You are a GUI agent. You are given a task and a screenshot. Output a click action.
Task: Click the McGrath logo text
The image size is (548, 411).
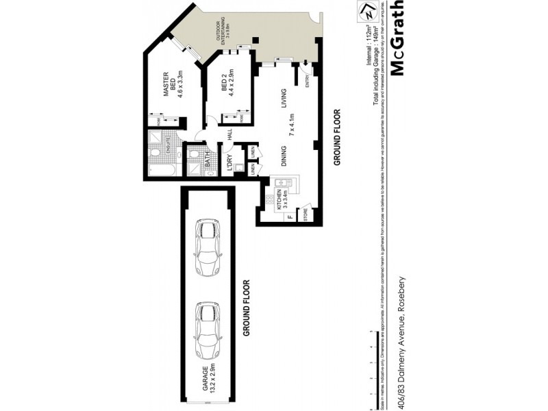pyautogui.click(x=398, y=37)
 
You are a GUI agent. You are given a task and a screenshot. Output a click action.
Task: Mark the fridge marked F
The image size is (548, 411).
pyautogui.click(x=289, y=219)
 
